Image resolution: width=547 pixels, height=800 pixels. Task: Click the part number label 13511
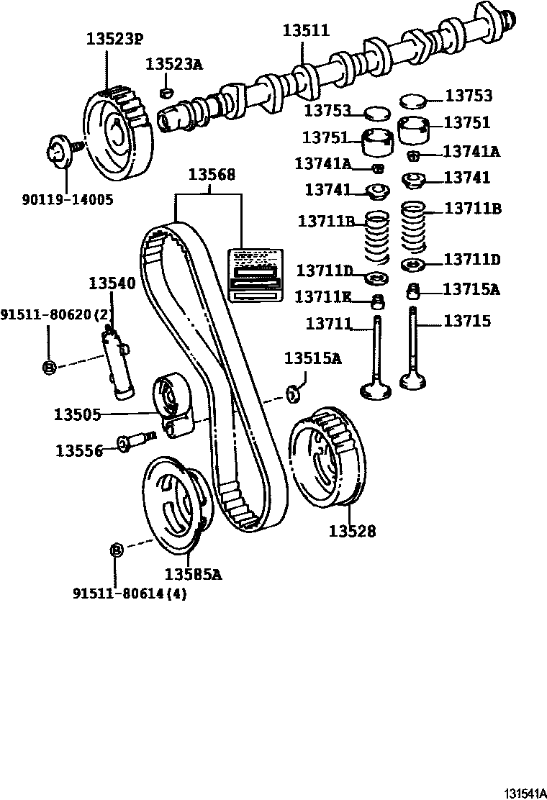click(305, 31)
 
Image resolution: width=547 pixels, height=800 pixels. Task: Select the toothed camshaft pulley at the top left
click(118, 136)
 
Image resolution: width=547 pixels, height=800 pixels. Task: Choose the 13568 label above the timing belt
click(212, 175)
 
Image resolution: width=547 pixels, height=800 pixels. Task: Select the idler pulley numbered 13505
click(171, 407)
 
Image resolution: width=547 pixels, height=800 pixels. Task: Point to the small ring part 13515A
click(293, 392)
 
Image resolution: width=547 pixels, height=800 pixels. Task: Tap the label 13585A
click(192, 574)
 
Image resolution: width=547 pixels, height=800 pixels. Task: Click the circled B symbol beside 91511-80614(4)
click(116, 550)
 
